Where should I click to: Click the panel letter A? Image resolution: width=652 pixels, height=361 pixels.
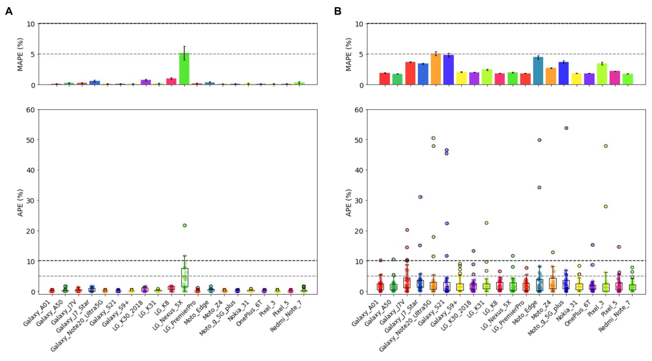(8, 11)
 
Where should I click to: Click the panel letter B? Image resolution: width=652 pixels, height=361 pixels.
(337, 11)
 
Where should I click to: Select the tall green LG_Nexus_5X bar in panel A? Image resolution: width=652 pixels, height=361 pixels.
(184, 69)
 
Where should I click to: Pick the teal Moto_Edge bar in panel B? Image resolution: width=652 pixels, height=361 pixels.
(538, 71)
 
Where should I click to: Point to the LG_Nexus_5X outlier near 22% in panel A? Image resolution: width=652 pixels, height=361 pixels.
(185, 225)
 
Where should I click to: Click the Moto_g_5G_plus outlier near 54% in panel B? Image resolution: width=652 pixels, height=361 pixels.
(566, 128)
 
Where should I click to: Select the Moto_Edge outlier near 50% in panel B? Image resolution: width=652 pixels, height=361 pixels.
(539, 140)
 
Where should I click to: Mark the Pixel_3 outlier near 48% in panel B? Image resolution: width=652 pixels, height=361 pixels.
(605, 146)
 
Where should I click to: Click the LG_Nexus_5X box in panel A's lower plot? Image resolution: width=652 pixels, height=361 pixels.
(184, 278)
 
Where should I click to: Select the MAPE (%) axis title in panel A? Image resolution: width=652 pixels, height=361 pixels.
(20, 54)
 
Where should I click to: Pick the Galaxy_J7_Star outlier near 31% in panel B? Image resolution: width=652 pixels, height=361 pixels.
(420, 197)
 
